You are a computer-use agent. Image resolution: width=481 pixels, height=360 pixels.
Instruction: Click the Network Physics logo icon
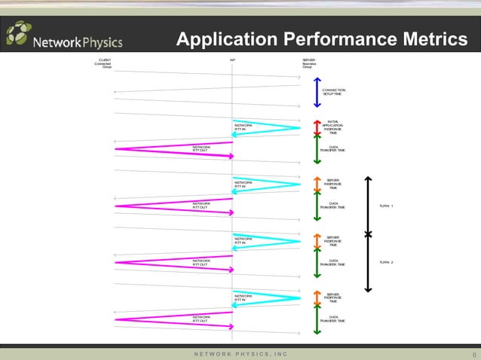(x=20, y=34)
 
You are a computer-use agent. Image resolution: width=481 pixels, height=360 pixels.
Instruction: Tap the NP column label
(x=232, y=59)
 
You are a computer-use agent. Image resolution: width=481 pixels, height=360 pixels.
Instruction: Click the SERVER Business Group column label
(x=308, y=63)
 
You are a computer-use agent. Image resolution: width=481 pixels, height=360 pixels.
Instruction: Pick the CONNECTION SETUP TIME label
(x=332, y=92)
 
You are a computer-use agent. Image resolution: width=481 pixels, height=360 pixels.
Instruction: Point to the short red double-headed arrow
(x=317, y=127)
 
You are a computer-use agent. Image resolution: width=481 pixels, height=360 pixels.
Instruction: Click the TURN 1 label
(x=386, y=206)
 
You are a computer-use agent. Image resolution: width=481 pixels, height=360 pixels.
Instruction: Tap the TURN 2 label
(x=386, y=262)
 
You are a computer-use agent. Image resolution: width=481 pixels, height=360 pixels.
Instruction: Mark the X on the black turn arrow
(x=368, y=234)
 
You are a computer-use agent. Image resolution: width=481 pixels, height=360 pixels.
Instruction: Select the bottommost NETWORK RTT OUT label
(x=201, y=319)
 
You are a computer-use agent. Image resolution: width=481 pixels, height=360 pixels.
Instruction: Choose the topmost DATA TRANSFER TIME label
(x=332, y=148)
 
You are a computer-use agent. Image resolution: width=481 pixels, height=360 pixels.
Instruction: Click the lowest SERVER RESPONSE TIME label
(x=332, y=297)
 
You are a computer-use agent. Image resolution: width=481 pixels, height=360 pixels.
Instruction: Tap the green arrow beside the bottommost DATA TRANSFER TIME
(x=317, y=320)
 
